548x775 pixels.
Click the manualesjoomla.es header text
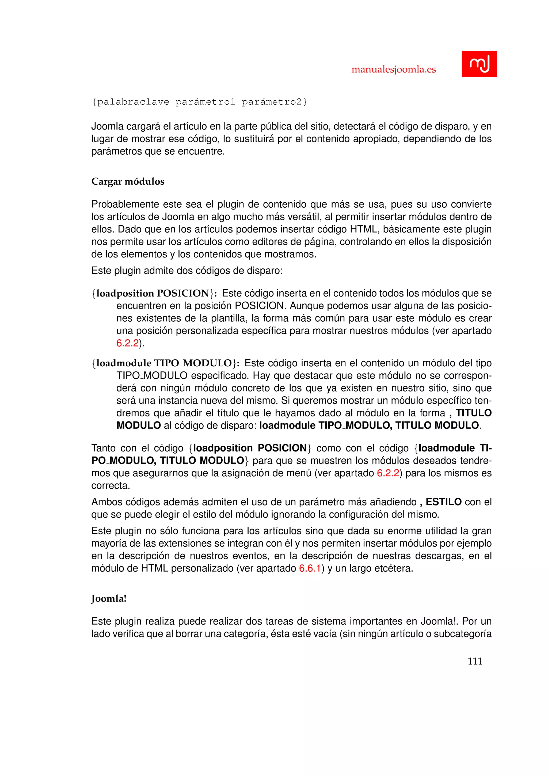393,70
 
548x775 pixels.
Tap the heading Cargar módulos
128,182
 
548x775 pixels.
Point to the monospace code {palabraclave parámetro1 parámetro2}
199,102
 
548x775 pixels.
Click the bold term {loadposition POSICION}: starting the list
154,293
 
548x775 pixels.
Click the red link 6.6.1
309,568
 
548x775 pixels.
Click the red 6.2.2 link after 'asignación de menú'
388,473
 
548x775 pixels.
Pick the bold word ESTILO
443,502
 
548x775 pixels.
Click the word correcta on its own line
110,486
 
